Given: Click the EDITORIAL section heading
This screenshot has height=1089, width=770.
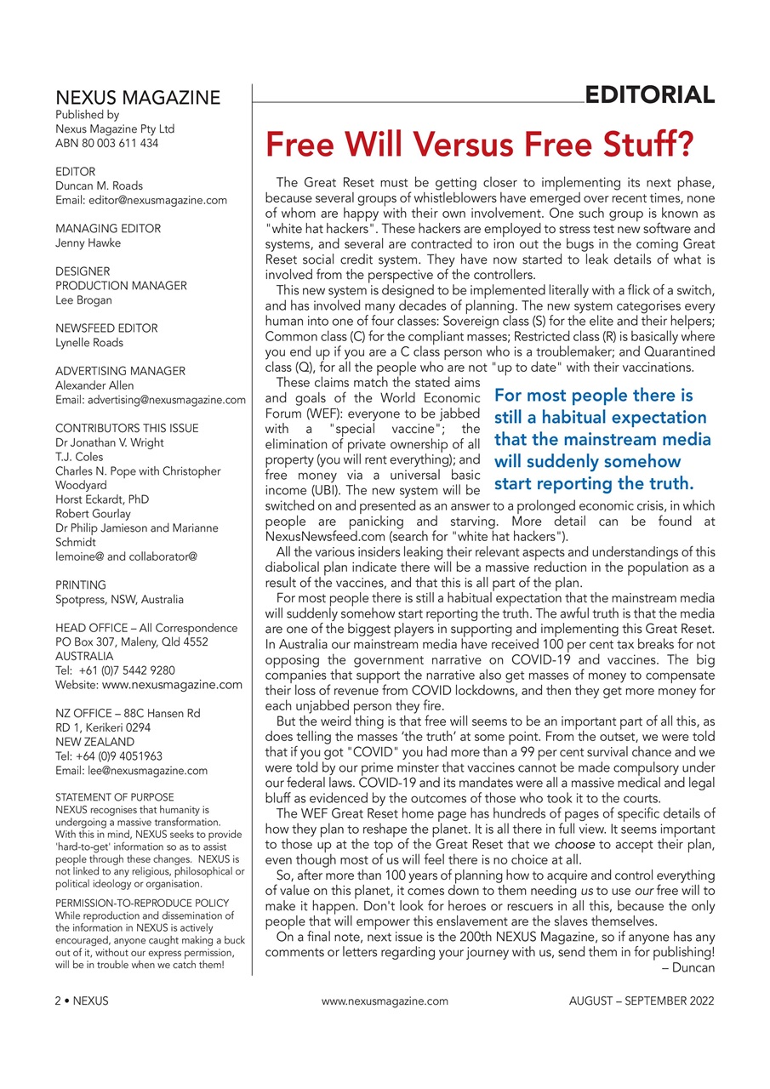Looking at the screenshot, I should (x=649, y=95).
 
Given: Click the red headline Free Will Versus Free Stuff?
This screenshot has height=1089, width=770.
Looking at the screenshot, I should (x=480, y=145).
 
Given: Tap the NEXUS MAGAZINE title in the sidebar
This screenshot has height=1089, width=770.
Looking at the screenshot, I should (x=138, y=98).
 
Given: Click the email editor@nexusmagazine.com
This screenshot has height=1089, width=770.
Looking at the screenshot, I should (x=141, y=200).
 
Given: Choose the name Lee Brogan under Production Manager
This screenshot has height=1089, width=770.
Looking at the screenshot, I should (x=83, y=299).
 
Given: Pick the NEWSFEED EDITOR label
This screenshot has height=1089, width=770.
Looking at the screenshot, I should (x=106, y=328).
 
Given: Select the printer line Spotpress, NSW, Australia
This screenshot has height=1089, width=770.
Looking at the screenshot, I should (x=119, y=599).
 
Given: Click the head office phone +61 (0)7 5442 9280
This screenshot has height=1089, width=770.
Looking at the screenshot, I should (x=116, y=670).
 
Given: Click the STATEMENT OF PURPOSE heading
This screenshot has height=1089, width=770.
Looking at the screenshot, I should (x=114, y=797).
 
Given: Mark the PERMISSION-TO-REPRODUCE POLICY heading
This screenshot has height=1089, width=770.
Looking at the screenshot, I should (x=142, y=903).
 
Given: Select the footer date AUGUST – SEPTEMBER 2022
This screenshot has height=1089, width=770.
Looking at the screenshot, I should (x=642, y=1001).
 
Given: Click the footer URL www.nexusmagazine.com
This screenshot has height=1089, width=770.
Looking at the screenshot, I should (x=385, y=1001).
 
